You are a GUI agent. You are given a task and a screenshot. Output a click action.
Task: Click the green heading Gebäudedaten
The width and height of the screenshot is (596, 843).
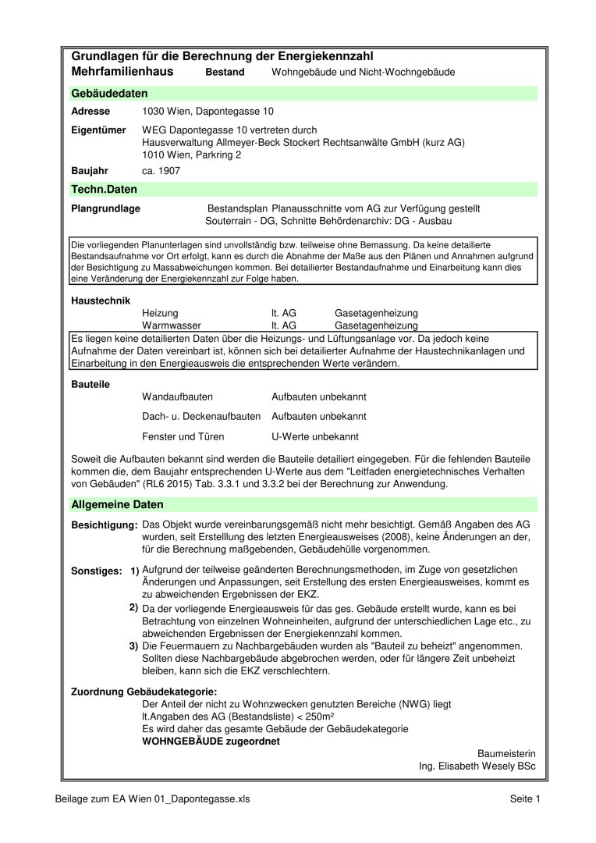coord(109,94)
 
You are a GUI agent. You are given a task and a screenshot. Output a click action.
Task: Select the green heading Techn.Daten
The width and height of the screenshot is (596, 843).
coord(104,189)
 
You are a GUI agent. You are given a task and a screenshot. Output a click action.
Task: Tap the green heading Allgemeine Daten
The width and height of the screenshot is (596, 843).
coord(117,505)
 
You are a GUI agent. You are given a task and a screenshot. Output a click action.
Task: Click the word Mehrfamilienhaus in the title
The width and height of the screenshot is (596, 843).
coord(122,72)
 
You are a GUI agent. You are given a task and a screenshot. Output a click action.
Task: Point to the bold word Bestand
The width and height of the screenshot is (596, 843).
coord(225,73)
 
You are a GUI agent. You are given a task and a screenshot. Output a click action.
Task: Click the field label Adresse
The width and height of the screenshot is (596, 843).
coord(90,112)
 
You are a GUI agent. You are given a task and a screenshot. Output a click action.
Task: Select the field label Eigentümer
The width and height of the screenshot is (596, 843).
coord(98,130)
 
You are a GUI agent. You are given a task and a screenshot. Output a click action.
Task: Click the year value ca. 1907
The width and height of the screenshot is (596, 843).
coord(161,170)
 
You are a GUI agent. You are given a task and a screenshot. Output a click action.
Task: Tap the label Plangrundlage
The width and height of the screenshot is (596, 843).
coord(105,209)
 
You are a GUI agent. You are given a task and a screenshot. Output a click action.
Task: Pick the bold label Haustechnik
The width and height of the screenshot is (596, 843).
coord(101,300)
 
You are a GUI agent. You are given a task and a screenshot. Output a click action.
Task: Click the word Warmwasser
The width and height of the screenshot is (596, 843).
coord(172,325)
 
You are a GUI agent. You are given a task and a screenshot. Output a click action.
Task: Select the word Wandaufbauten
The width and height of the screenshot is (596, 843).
coord(177,397)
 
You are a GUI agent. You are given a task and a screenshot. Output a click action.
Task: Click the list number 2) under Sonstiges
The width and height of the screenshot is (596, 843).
coord(133,606)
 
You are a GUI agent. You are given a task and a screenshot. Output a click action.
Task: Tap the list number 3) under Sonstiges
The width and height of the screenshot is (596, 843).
coord(133,646)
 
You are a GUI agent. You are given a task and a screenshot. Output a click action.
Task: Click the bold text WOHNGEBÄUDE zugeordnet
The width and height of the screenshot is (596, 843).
coord(211,742)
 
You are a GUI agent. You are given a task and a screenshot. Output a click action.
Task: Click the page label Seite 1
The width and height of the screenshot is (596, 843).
coord(525,799)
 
